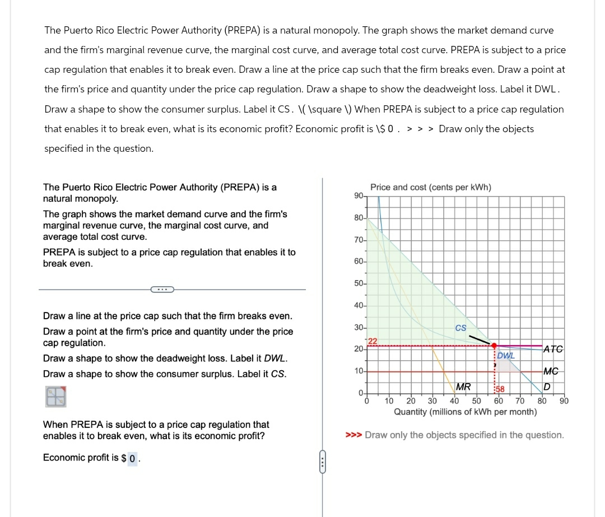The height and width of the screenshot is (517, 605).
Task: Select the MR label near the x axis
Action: coord(463,386)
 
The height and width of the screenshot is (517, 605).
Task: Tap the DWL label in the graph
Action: coord(506,355)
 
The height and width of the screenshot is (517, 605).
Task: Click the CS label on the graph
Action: coord(460,328)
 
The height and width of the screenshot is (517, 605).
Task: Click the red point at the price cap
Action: coord(494,346)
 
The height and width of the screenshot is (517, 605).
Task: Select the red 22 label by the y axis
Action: coord(373,342)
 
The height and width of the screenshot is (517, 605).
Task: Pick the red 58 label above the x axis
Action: coord(500,389)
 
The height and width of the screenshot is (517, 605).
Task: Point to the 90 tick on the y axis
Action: coord(359,195)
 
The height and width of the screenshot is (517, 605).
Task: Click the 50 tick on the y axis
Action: coord(359,283)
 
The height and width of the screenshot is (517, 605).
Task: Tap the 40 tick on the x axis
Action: coord(454,401)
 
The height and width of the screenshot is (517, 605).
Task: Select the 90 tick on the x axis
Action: coord(564,401)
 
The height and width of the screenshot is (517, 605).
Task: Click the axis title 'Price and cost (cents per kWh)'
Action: coord(431,187)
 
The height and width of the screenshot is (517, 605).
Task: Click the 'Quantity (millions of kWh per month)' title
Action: coord(465,412)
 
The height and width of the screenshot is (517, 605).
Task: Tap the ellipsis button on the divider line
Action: coord(162,289)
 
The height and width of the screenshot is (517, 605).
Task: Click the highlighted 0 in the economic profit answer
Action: coord(132,459)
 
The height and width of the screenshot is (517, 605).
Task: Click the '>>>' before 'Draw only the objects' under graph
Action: coord(353,435)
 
